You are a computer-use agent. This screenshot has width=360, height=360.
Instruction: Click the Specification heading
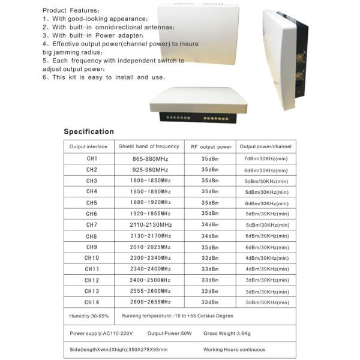click(x=89, y=131)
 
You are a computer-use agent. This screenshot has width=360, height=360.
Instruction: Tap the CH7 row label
click(x=91, y=224)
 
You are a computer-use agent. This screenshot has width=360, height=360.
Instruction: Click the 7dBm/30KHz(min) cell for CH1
click(x=266, y=158)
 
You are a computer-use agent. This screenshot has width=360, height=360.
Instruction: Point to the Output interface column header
click(x=88, y=146)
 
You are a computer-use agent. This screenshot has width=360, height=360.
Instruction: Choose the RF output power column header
click(x=211, y=146)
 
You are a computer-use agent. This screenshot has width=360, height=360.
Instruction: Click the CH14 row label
click(x=91, y=302)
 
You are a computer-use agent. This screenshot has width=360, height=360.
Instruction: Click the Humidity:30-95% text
click(x=89, y=316)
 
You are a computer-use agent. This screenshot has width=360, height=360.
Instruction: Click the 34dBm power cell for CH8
click(x=209, y=236)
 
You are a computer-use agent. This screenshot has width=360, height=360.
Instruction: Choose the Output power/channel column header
click(x=266, y=146)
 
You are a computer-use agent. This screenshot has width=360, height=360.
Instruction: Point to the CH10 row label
click(x=91, y=258)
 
